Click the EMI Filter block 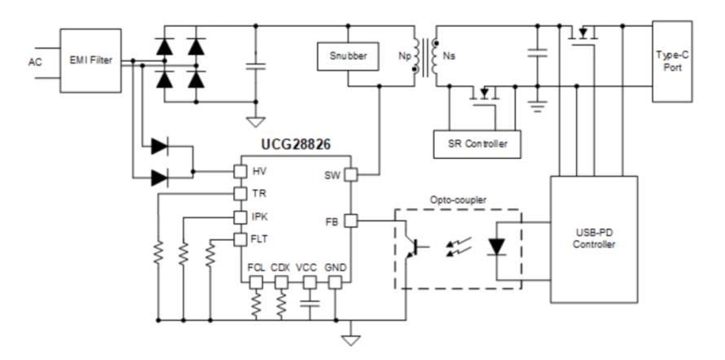coord(90,60)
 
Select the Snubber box coord(348,56)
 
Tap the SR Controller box coord(477,144)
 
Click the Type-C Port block coord(672,61)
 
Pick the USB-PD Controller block coord(594,239)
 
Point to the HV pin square coord(240,172)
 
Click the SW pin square coord(351,174)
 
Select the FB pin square coord(351,222)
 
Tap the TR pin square coord(240,194)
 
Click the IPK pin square coord(240,217)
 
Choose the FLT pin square coord(240,239)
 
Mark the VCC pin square coord(310,283)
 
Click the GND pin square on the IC coord(336,283)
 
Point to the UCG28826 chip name coord(296,145)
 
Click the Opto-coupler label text coord(458,200)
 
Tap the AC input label coord(35,62)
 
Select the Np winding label coord(404,56)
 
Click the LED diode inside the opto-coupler coord(497,247)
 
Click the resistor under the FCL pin coord(256,304)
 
